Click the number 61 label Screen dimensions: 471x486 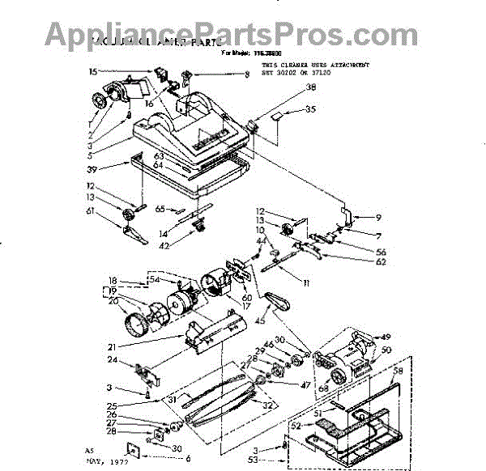[92, 211]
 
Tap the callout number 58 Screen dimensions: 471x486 [397, 370]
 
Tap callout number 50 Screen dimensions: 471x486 [386, 350]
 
